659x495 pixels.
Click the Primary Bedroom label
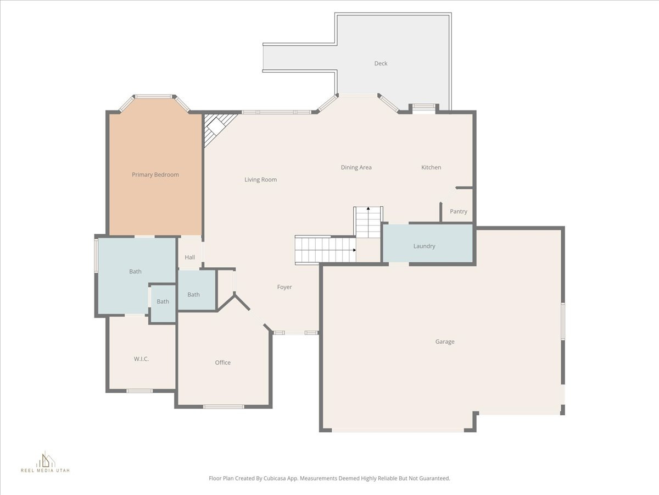pyautogui.click(x=155, y=175)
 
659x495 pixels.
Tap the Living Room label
pyautogui.click(x=261, y=180)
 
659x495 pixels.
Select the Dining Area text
pyautogui.click(x=356, y=168)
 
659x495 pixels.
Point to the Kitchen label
pyautogui.click(x=431, y=168)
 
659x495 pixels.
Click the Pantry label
pyautogui.click(x=459, y=212)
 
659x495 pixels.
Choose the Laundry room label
pyautogui.click(x=425, y=246)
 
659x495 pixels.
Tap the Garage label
pyautogui.click(x=445, y=342)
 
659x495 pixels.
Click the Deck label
pyautogui.click(x=381, y=64)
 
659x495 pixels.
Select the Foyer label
pyautogui.click(x=284, y=287)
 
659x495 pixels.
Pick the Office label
pyautogui.click(x=223, y=363)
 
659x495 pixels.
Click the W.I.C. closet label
pyautogui.click(x=141, y=359)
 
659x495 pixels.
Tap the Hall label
pyautogui.click(x=190, y=257)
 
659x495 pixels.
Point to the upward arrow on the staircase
pyautogui.click(x=368, y=209)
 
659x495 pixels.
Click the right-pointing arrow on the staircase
pyautogui.click(x=355, y=250)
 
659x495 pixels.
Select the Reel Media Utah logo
pyautogui.click(x=46, y=463)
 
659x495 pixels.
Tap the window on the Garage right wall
pyautogui.click(x=562, y=321)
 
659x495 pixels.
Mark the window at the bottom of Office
pyautogui.click(x=224, y=407)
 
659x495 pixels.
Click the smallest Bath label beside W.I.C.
pyautogui.click(x=163, y=302)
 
